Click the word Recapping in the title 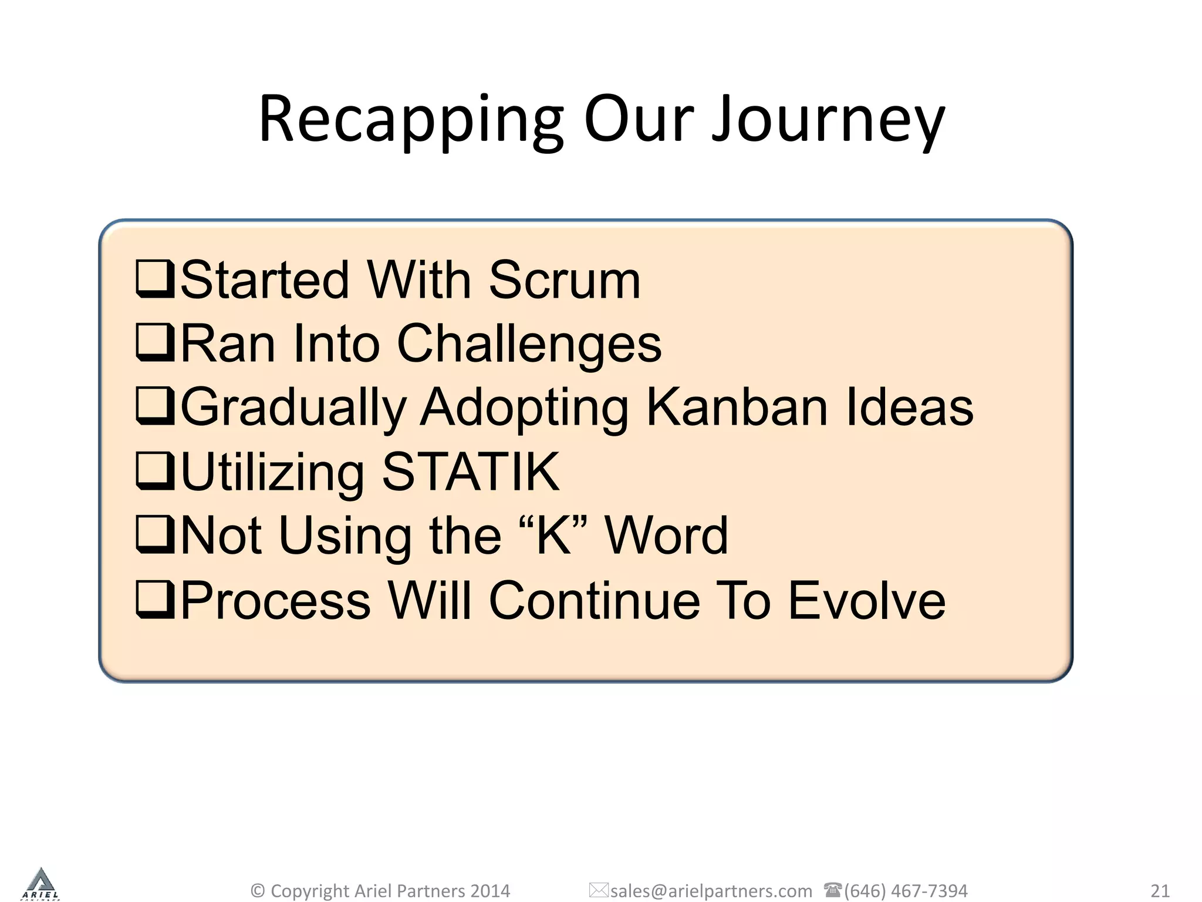[x=411, y=120]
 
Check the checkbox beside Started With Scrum [x=155, y=280]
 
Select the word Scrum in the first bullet [x=564, y=280]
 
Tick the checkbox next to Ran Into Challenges [x=155, y=343]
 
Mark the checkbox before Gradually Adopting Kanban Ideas [x=155, y=406]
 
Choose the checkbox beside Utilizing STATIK [x=155, y=471]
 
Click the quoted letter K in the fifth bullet [x=553, y=535]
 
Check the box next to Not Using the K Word [x=155, y=534]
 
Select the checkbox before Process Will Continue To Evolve [x=155, y=600]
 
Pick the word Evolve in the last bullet [x=866, y=600]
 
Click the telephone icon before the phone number [x=832, y=890]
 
